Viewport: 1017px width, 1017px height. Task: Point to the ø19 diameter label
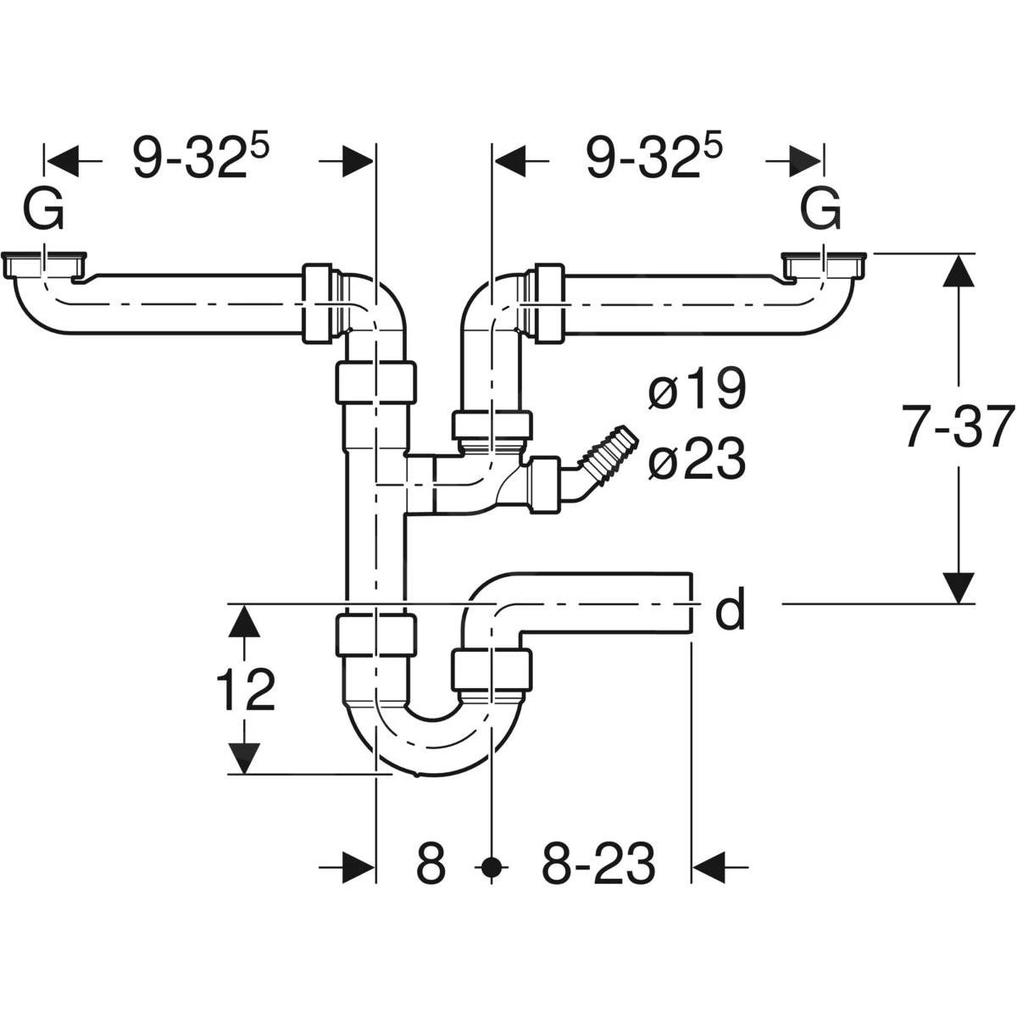(697, 391)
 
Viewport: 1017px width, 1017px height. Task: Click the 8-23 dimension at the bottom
(598, 865)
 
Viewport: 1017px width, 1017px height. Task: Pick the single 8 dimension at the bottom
(431, 865)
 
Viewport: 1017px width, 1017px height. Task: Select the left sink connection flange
(46, 264)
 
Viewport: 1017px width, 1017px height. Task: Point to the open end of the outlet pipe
(691, 603)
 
